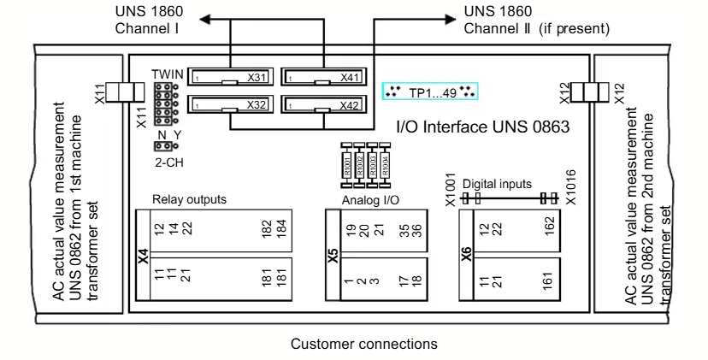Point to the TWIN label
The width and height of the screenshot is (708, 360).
coord(169,74)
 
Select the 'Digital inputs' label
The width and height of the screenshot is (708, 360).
coord(499,183)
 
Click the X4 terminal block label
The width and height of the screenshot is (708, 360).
coord(143,253)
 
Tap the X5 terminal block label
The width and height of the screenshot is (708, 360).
coord(333,253)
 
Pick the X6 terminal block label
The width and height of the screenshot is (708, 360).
coord(467,253)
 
